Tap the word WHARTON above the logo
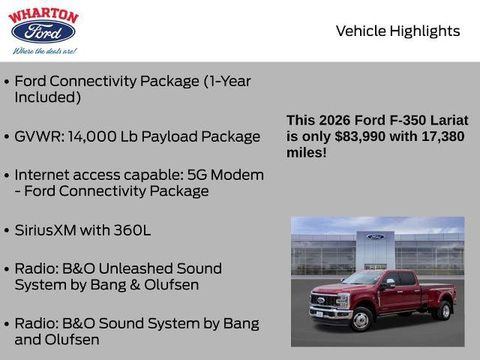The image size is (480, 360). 43,15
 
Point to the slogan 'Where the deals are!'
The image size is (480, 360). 43,51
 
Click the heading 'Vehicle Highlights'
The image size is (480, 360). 397,31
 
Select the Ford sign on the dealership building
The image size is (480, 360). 375,236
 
